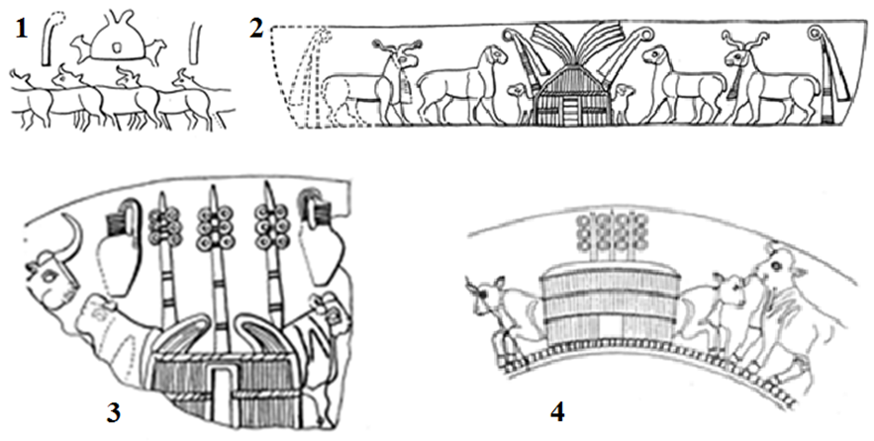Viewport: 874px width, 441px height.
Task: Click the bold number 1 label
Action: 21,29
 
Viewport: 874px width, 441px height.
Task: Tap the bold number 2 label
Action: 256,29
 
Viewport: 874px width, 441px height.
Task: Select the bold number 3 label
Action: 113,413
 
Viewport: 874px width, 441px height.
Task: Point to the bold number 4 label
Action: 557,412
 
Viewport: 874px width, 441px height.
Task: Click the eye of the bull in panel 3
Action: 49,275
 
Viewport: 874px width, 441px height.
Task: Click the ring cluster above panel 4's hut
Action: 612,234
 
